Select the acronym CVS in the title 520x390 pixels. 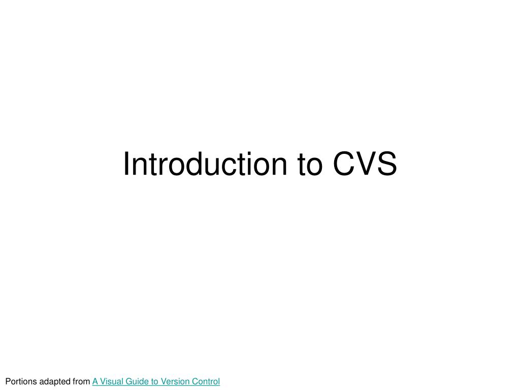(365, 165)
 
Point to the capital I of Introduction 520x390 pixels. (126, 165)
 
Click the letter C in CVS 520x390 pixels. (343, 165)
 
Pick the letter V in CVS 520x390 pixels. (366, 165)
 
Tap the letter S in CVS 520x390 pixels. (387, 165)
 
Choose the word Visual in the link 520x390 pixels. (110, 381)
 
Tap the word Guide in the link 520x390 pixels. (135, 381)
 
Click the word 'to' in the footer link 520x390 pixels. (153, 381)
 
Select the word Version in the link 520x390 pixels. (173, 381)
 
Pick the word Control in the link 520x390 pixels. (206, 381)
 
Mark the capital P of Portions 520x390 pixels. (7, 381)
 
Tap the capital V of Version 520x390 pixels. (162, 381)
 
